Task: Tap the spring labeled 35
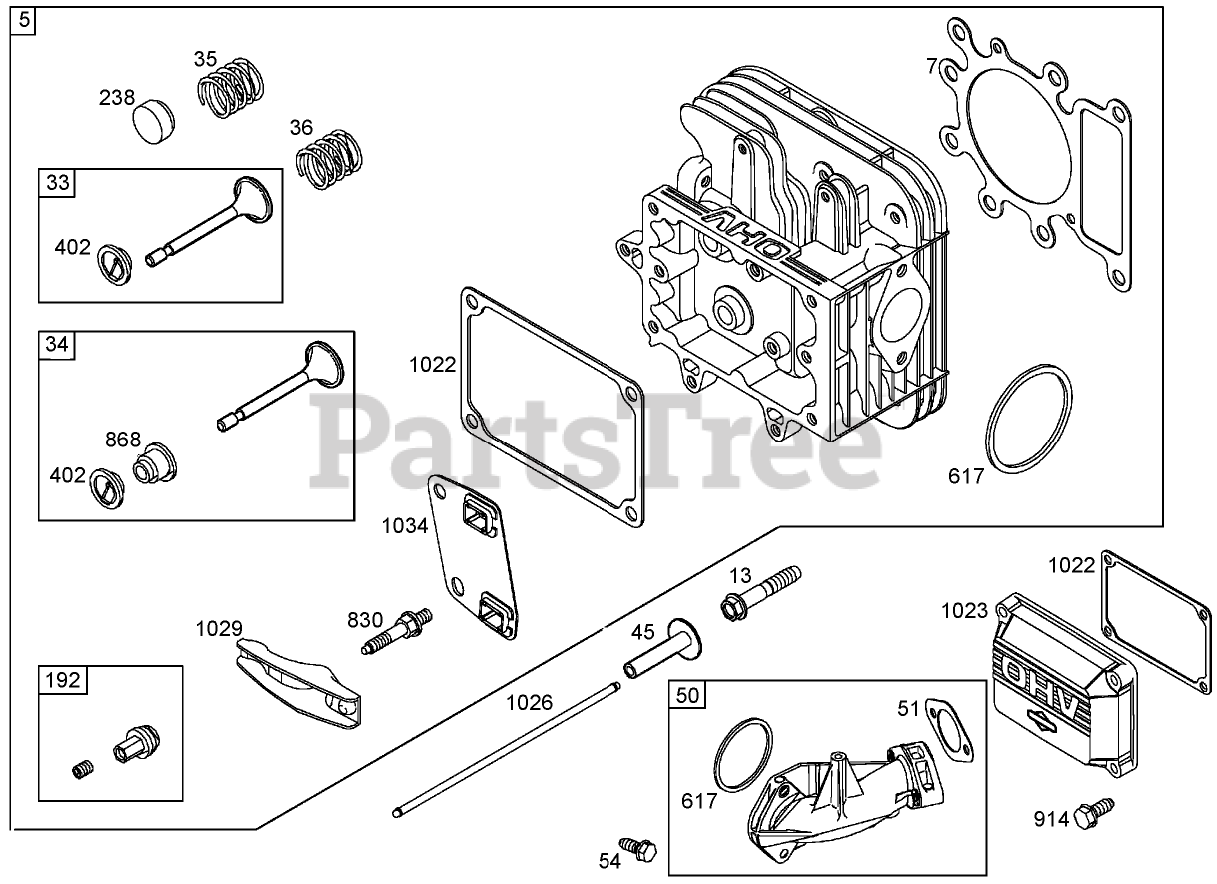(x=232, y=89)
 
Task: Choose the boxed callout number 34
(x=58, y=344)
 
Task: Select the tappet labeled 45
(x=659, y=650)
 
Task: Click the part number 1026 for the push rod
(x=529, y=701)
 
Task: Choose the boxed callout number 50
(x=687, y=695)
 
